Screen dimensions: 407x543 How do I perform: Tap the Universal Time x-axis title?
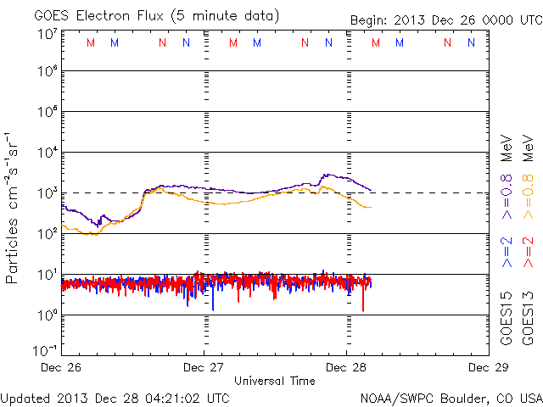(274, 382)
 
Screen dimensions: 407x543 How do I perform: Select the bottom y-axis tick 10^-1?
(46, 349)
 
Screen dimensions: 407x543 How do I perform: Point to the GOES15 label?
(507, 318)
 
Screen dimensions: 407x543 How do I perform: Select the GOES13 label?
(529, 318)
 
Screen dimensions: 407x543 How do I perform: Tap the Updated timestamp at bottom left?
(115, 397)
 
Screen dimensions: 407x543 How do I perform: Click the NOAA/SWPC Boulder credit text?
(451, 397)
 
